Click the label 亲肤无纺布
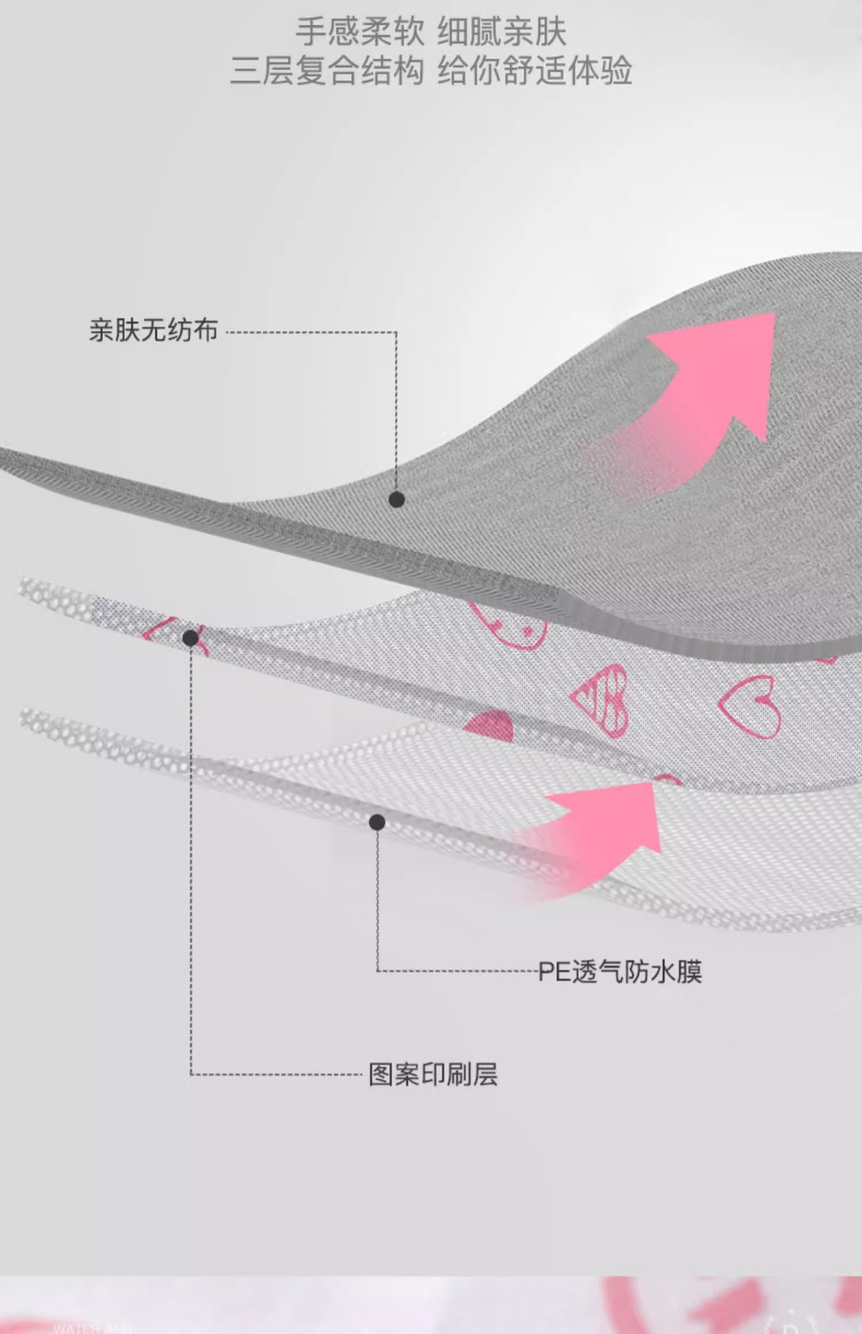coord(153,330)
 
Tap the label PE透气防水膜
coord(620,971)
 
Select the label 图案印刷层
coord(432,1074)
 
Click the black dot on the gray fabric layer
coord(396,499)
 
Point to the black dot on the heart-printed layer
coord(190,637)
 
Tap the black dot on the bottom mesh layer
coord(377,823)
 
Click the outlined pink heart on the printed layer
coord(750,705)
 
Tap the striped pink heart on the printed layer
coord(602,699)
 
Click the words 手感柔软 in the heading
coord(359,32)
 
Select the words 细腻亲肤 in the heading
coord(501,32)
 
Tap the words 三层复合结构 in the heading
coord(327,71)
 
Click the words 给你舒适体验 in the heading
coord(535,71)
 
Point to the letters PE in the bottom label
coord(554,971)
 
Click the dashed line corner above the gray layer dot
coord(396,332)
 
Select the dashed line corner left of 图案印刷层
coord(191,1074)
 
